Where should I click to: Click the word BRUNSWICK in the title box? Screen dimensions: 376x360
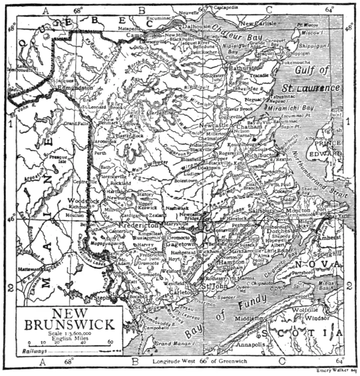pos(70,324)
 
